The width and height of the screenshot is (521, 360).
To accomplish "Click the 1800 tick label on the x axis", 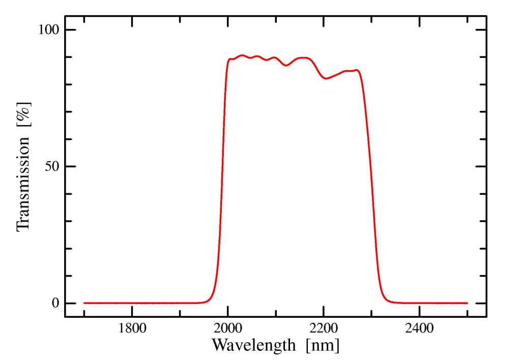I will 132,328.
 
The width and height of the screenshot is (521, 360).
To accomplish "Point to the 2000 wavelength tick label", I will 228,328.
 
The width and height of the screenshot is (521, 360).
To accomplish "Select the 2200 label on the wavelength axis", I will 324,328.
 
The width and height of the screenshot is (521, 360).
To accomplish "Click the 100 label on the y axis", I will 49,29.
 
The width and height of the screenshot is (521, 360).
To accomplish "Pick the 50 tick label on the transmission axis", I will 53,166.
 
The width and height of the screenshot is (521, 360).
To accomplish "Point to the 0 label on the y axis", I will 56,303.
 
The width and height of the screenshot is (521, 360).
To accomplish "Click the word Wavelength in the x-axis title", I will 253,345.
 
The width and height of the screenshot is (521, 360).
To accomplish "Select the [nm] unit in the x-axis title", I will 323,345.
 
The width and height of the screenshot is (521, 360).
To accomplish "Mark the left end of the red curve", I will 84,303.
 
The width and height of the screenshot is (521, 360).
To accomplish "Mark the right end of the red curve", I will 467,303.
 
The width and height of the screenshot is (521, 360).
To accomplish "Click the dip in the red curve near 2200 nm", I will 326,78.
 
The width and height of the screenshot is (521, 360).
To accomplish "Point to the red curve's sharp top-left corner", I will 229,59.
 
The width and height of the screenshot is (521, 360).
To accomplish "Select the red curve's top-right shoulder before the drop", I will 358,71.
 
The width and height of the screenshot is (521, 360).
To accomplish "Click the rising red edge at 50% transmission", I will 222,166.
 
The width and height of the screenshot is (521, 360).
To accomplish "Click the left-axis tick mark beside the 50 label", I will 68,166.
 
